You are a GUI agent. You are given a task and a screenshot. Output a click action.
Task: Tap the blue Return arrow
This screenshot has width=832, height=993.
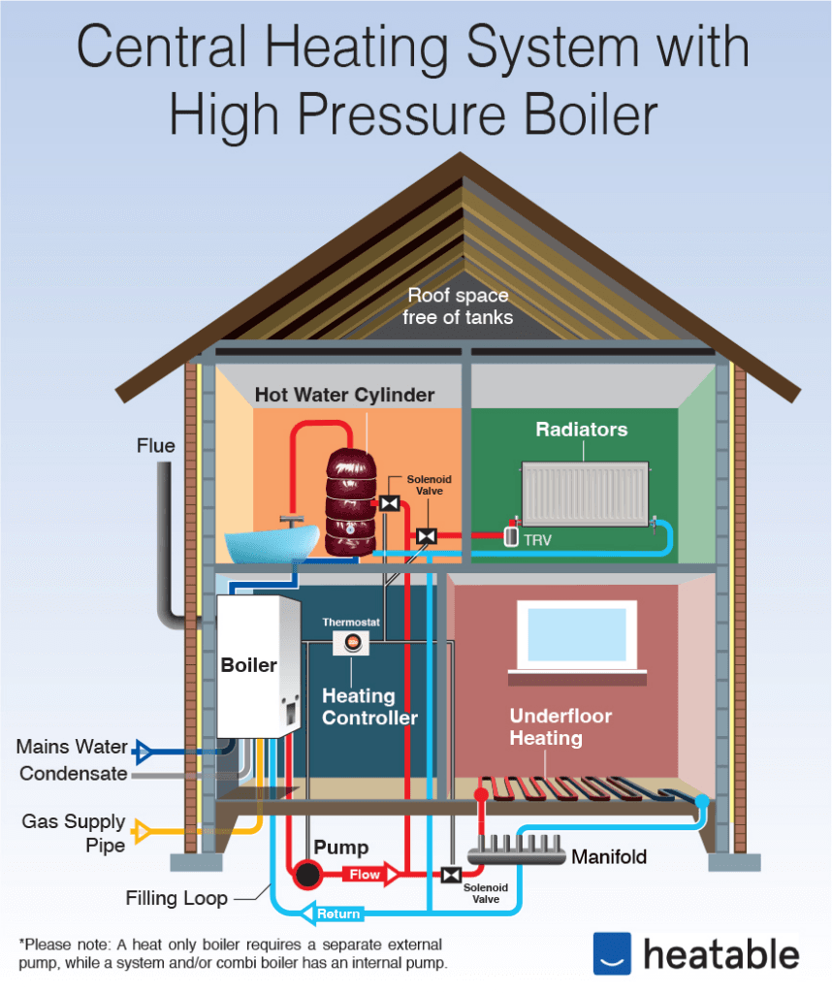click(x=335, y=913)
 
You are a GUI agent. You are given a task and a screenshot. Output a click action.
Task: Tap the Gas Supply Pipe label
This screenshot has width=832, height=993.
click(x=74, y=833)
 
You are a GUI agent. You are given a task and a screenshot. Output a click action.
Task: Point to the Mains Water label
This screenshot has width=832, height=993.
click(x=72, y=748)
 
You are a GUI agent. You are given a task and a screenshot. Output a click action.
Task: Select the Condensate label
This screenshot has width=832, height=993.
click(x=74, y=774)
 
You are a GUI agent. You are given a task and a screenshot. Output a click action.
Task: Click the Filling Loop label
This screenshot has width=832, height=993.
click(x=176, y=899)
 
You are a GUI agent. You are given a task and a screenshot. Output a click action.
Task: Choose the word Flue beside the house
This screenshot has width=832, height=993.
click(x=155, y=446)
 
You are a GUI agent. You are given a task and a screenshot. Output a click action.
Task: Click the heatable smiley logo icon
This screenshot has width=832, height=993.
click(x=612, y=952)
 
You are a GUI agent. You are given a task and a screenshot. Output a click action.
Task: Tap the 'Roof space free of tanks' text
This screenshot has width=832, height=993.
click(x=459, y=305)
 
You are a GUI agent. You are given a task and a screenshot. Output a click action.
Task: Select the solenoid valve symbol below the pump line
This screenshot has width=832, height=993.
click(x=450, y=875)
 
